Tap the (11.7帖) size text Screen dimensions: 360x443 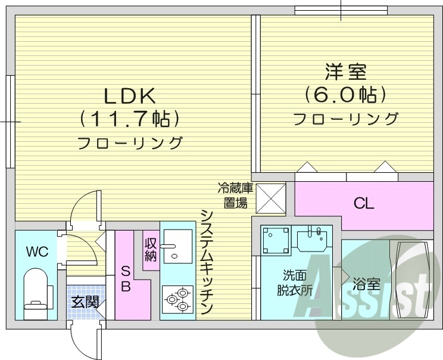[130, 119]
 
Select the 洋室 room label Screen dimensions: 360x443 [345, 72]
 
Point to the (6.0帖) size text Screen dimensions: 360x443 [345, 95]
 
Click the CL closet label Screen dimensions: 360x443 [364, 204]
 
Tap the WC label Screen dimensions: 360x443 [37, 251]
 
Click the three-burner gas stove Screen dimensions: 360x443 [177, 299]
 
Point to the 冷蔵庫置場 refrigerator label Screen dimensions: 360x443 [235, 195]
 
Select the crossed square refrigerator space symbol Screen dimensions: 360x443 [272, 198]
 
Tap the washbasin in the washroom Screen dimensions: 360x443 [312, 240]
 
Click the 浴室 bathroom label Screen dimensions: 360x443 [366, 284]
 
